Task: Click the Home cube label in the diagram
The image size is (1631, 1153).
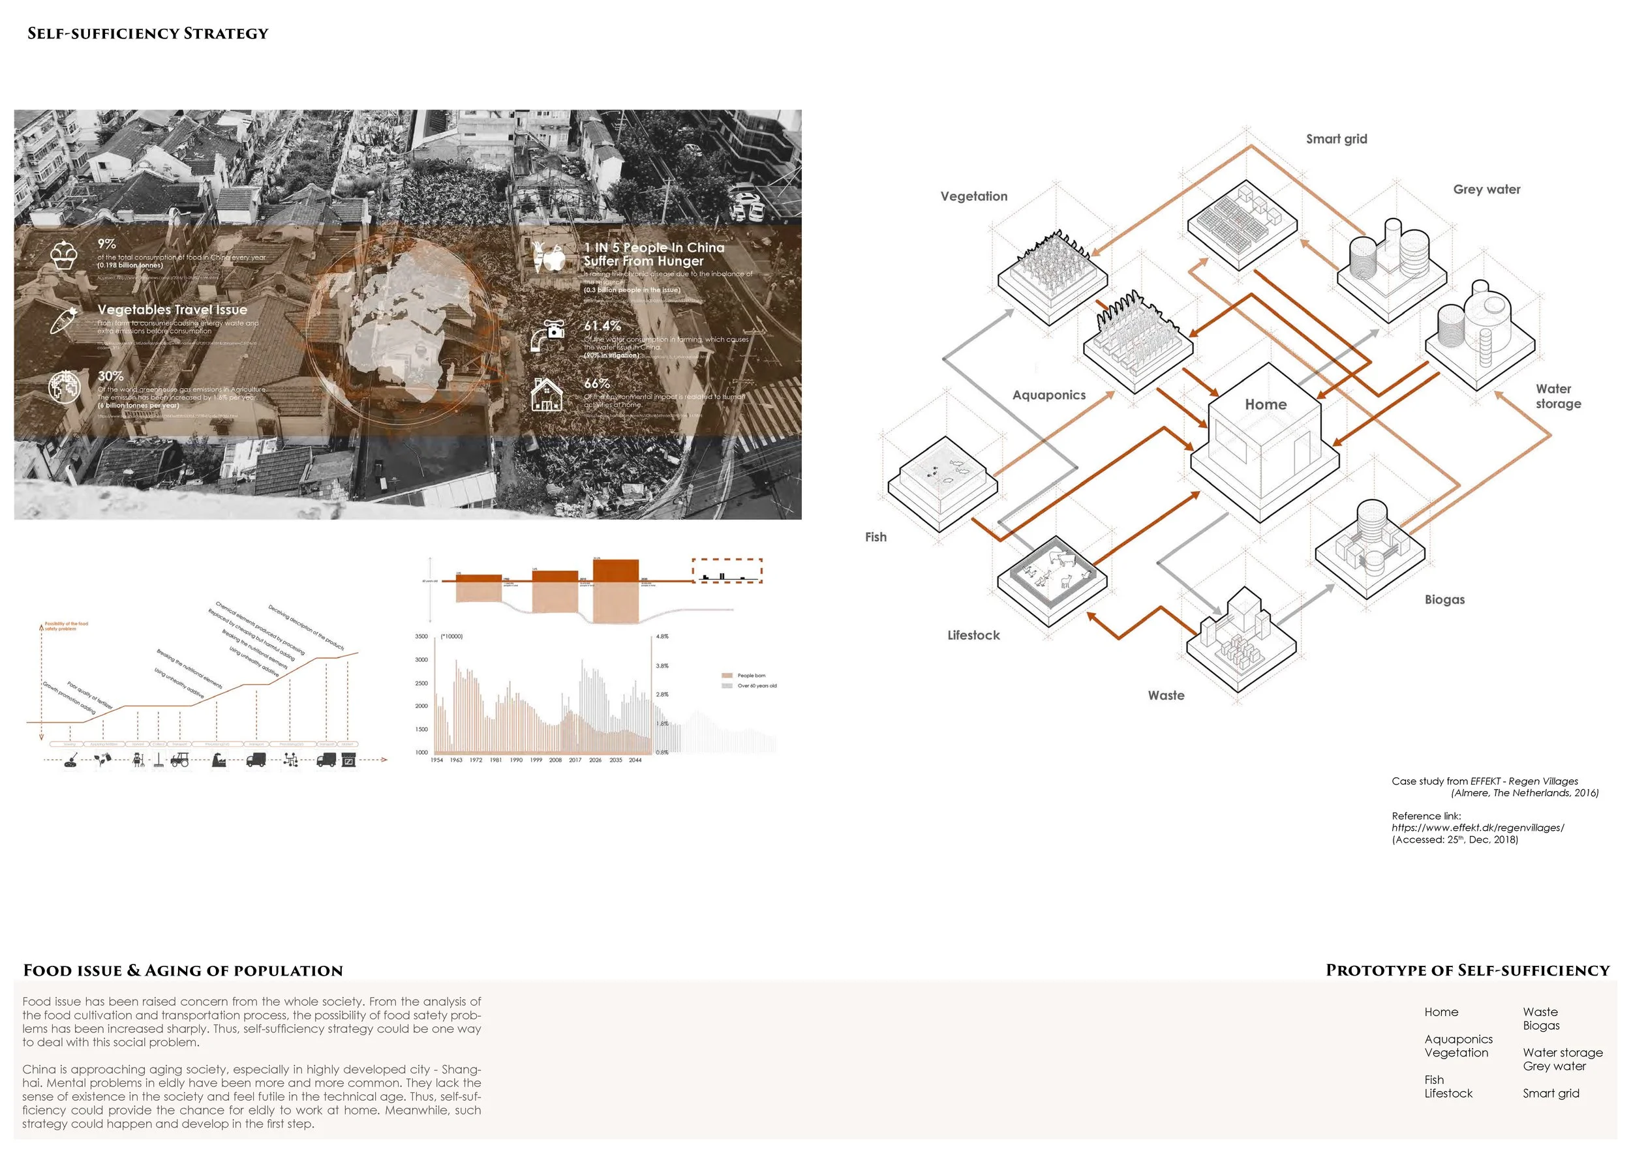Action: (1265, 405)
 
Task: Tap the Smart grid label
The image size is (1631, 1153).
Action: (1336, 139)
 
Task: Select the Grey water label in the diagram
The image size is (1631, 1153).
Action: (1486, 190)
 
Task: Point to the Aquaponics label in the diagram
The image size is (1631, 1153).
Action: (1048, 395)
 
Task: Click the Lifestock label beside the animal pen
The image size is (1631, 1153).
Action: (973, 635)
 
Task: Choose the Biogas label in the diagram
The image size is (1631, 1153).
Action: (1444, 599)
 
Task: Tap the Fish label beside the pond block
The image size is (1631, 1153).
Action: (875, 537)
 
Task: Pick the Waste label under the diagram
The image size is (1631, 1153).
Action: (1166, 696)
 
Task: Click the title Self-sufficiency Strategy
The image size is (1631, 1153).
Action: (147, 33)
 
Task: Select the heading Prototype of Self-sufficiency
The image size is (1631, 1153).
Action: (1467, 970)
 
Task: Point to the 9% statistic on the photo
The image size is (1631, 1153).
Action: (106, 243)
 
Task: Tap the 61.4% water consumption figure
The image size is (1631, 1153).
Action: (602, 326)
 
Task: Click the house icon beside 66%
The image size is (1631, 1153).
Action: (546, 395)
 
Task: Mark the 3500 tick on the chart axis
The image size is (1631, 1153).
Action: (421, 636)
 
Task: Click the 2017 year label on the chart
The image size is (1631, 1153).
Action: (575, 760)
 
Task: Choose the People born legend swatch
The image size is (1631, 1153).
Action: (727, 675)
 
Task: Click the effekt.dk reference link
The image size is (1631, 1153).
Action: (1478, 828)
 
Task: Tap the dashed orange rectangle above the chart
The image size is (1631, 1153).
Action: (727, 571)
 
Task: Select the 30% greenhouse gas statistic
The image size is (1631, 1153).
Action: (110, 376)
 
